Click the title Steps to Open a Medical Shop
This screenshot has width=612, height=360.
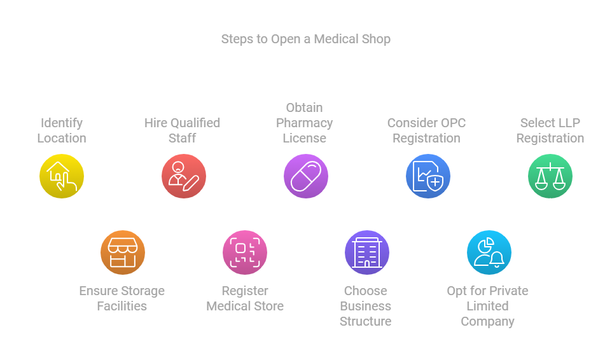305,39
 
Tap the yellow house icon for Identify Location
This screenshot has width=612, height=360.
62,176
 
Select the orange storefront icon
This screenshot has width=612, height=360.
123,253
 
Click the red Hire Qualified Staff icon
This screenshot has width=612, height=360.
184,176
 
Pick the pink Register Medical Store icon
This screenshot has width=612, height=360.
245,253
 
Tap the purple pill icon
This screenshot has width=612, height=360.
306,176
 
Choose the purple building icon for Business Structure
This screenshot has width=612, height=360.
367,253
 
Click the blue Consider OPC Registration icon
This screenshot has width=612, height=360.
428,176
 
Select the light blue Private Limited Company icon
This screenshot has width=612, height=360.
489,253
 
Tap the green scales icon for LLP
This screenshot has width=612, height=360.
550,176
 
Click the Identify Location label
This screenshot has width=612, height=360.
62,130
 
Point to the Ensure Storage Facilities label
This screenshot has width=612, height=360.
122,298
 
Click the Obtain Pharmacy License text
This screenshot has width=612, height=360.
305,123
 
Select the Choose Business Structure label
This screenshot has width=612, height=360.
366,306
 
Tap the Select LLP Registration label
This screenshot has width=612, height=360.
550,130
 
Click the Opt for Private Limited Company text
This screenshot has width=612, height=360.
488,306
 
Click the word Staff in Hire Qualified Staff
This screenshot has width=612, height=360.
183,138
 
